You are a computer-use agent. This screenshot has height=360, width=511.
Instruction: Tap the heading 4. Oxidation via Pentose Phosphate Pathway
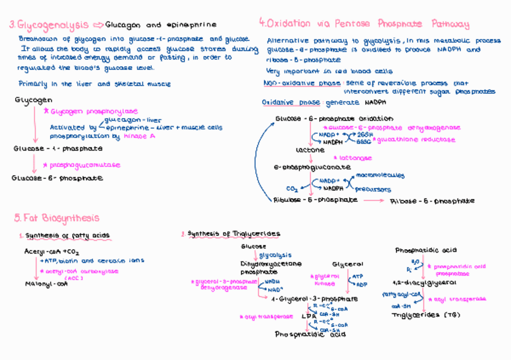[364, 24]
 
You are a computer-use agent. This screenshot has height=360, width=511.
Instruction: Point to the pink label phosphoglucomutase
[85, 164]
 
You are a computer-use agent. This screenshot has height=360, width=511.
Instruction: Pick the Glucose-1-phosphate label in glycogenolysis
[58, 148]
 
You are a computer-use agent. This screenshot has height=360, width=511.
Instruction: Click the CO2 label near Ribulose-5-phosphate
[292, 187]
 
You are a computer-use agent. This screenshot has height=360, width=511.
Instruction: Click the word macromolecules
[380, 176]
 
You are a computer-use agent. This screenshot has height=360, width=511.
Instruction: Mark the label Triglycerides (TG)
[425, 315]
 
